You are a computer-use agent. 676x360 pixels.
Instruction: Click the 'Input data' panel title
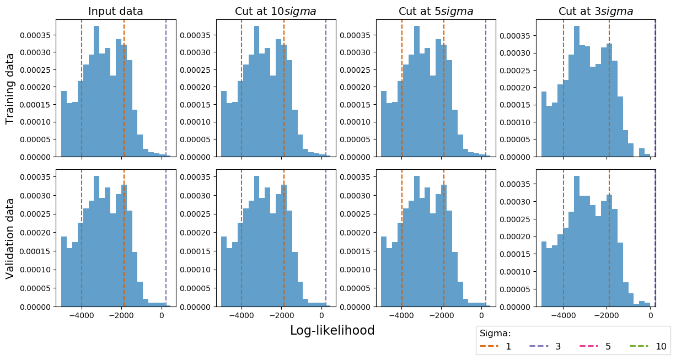pos(116,11)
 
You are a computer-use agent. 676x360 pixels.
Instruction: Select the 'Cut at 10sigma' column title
pos(276,11)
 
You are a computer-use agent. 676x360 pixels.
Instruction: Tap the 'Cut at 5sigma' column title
pos(436,11)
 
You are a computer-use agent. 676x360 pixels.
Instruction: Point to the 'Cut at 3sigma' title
pos(595,11)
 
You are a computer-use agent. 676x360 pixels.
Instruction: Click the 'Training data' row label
pos(10,88)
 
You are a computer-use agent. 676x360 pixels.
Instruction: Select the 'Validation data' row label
pos(10,238)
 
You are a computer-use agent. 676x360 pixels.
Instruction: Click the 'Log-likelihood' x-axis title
pos(332,330)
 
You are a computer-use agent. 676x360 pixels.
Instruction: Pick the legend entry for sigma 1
pos(496,346)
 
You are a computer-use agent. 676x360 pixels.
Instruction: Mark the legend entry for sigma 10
pos(648,346)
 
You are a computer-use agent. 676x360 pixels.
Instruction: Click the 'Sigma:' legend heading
pos(495,333)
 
